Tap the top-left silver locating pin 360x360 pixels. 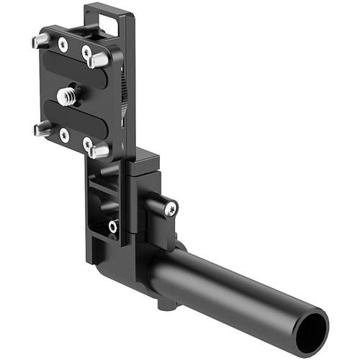tap(41, 41)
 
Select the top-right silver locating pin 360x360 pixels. tap(99, 61)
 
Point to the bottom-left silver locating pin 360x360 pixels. tap(42, 130)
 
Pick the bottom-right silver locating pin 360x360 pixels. tap(99, 151)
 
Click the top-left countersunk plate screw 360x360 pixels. tap(63, 45)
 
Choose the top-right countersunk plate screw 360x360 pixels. tap(86, 52)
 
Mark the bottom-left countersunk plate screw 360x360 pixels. tap(64, 135)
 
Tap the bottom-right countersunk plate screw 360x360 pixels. tap(87, 143)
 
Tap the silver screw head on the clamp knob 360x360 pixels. tap(171, 209)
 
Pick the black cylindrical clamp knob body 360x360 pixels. tap(158, 209)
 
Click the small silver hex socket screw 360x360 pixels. tap(113, 226)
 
